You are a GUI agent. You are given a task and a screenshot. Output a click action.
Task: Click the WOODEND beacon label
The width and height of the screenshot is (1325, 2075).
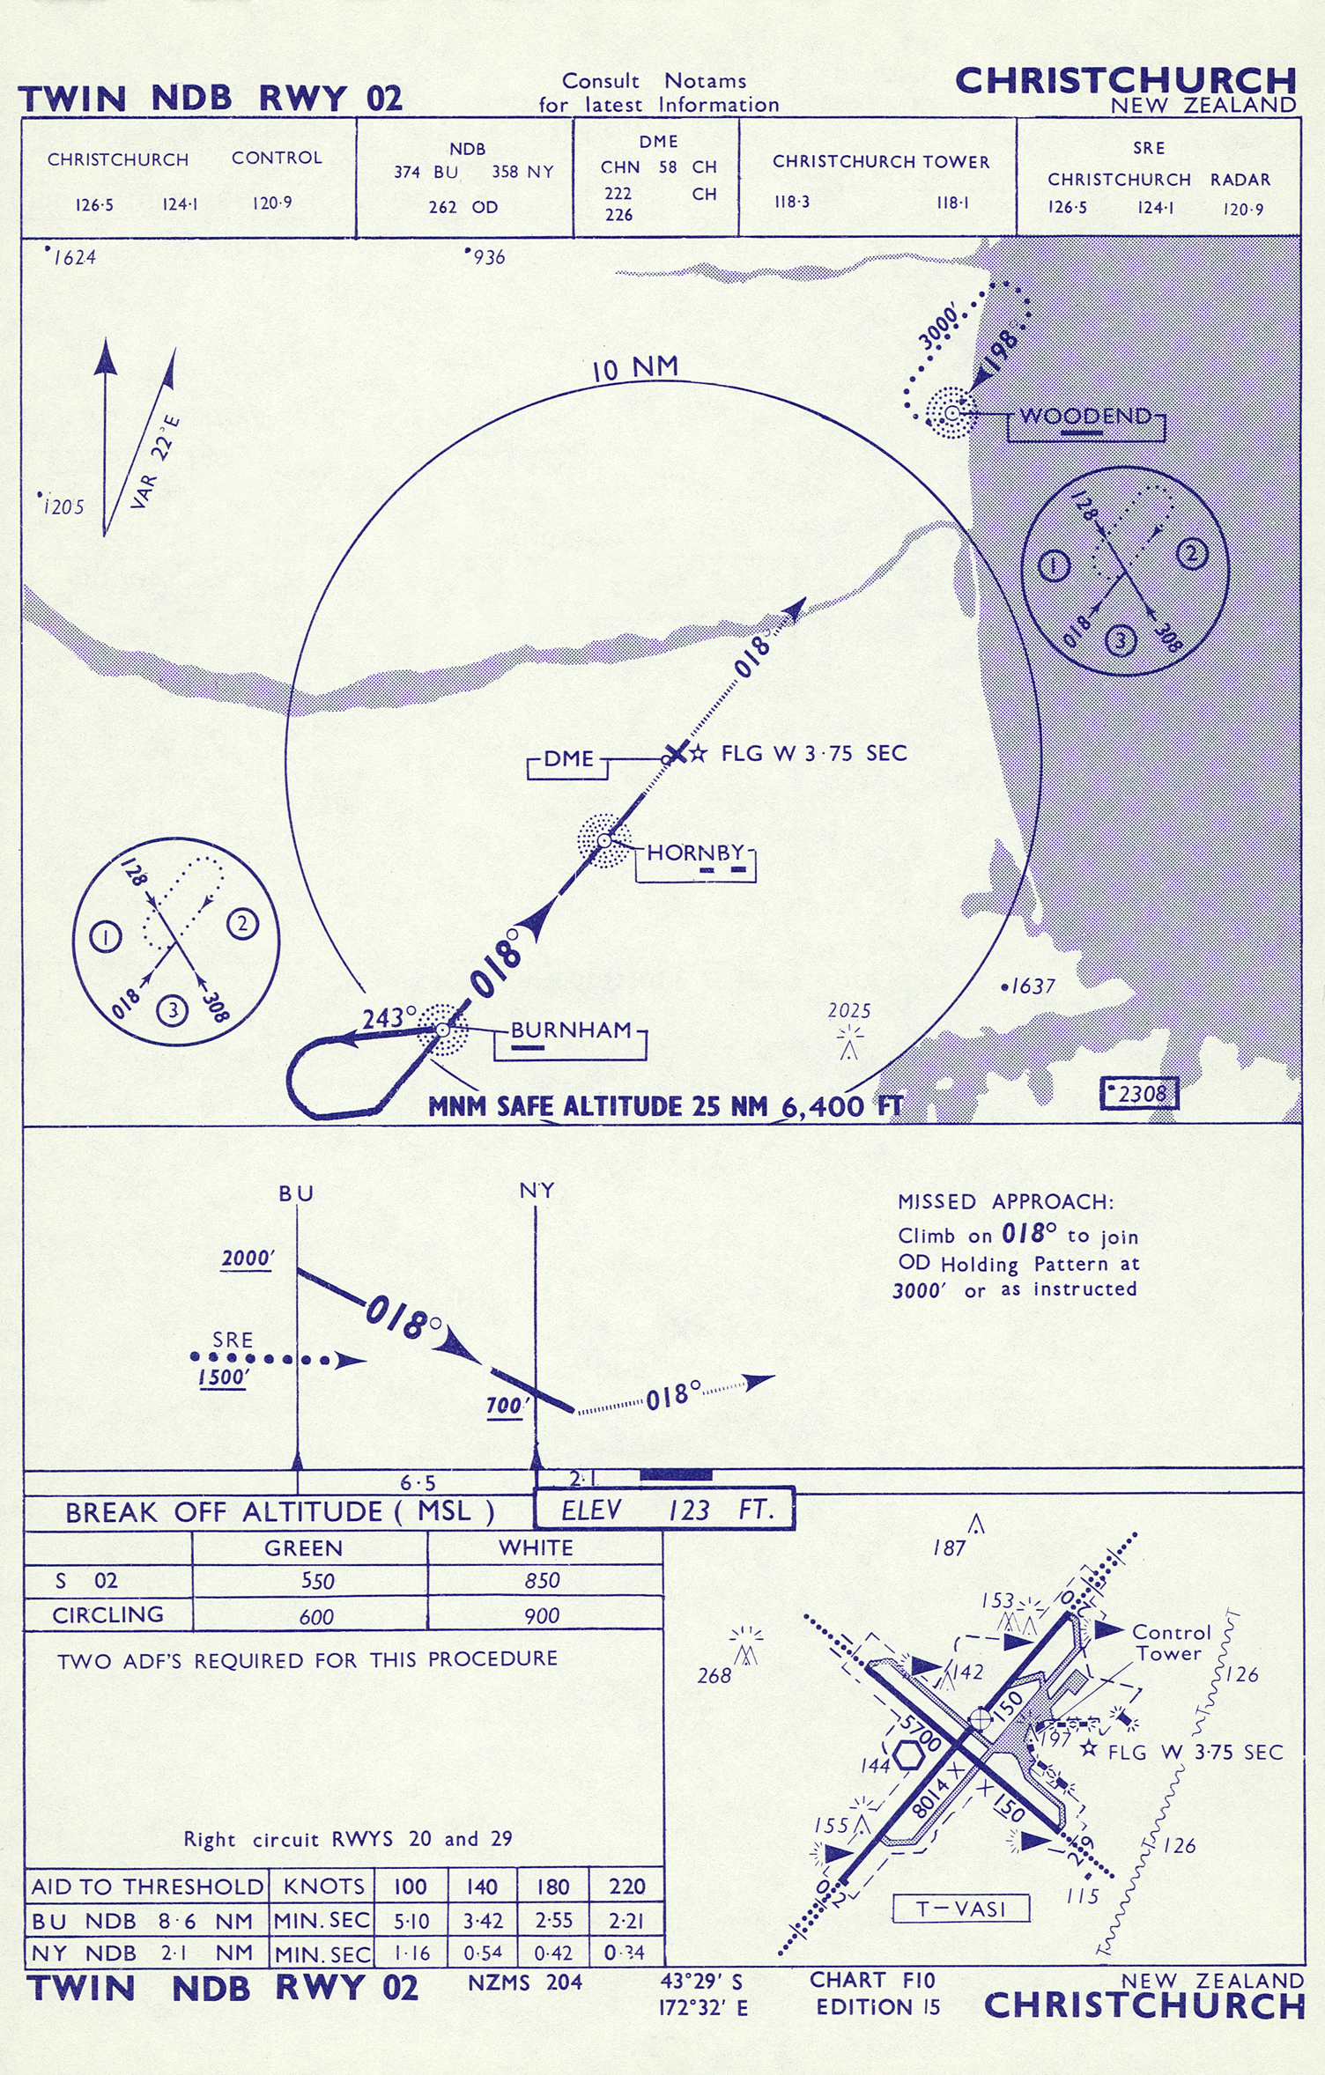(x=1085, y=416)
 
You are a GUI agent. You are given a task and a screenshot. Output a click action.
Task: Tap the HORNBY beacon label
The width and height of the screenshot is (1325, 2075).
(x=696, y=853)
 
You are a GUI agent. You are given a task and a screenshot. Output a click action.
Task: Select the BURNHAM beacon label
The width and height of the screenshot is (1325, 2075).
(x=571, y=1030)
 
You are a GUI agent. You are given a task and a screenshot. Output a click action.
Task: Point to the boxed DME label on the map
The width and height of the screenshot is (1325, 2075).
(x=568, y=758)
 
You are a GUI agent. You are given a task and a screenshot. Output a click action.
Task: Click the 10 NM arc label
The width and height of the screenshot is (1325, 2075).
(x=635, y=368)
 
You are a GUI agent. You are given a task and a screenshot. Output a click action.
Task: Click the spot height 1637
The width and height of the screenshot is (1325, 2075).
(x=1028, y=986)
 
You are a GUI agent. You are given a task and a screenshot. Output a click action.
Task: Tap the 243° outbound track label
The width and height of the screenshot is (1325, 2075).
(x=389, y=1018)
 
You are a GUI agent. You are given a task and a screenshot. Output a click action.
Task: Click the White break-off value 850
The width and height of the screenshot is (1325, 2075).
(x=542, y=1581)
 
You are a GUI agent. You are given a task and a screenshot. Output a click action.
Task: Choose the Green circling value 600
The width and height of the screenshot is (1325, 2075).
(x=316, y=1617)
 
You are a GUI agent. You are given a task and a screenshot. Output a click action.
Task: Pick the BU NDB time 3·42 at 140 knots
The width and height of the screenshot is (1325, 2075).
(x=482, y=1921)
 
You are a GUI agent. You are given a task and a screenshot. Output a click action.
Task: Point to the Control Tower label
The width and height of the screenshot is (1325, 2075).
(x=1172, y=1643)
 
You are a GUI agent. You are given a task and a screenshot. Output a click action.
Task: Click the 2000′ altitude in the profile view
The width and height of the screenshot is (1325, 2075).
(x=247, y=1258)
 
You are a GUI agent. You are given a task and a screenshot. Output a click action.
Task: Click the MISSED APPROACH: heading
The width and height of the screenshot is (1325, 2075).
(x=1005, y=1201)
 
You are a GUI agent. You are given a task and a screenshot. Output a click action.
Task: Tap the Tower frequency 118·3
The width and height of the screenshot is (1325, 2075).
(x=792, y=202)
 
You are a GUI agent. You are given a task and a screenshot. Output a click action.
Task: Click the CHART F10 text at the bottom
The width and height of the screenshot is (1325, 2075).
(x=872, y=1980)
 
